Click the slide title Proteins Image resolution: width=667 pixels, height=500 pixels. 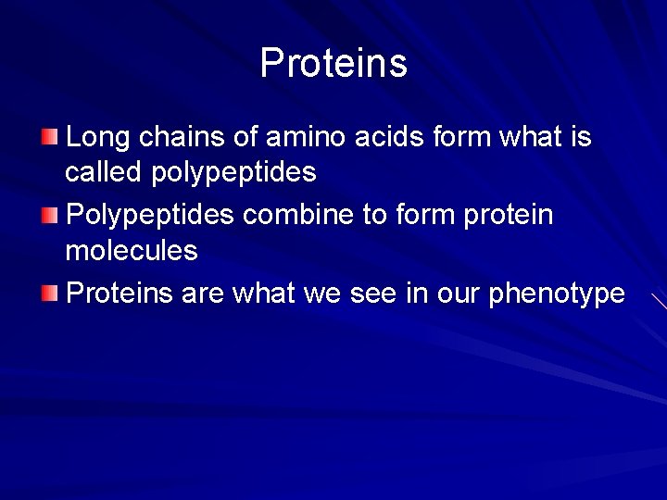(333, 63)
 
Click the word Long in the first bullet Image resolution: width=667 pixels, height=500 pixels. (96, 138)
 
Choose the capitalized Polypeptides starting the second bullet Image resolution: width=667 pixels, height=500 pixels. (150, 217)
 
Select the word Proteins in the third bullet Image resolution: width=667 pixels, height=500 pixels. (121, 294)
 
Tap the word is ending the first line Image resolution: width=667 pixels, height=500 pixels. (580, 138)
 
